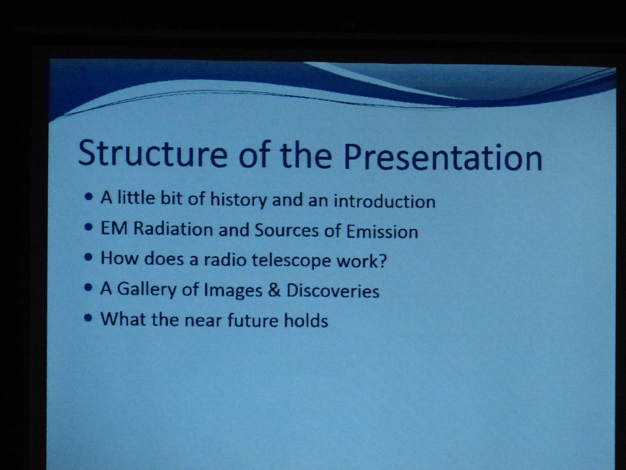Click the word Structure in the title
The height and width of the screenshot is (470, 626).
(153, 153)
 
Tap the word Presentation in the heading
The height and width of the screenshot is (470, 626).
(443, 157)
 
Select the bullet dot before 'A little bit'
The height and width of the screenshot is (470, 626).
(89, 197)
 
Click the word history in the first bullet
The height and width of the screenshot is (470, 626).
(238, 199)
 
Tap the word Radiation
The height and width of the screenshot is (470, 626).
(173, 229)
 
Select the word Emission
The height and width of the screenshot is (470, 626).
(382, 231)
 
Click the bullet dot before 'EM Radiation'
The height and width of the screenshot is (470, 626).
(89, 228)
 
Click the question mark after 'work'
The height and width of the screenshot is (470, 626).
(382, 260)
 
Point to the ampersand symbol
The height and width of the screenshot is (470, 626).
(274, 290)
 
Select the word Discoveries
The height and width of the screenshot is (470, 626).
(333, 290)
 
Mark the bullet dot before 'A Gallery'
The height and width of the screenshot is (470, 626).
(89, 288)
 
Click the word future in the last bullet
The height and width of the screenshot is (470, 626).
(253, 320)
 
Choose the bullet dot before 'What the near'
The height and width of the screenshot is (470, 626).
(89, 318)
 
